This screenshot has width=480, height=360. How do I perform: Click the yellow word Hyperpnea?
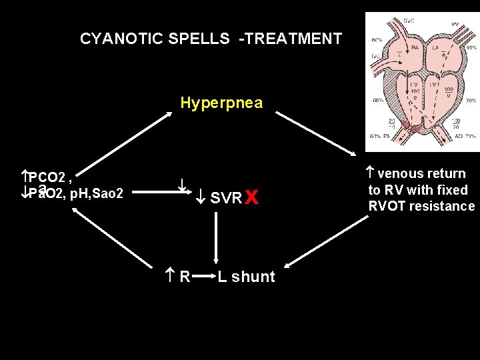pyautogui.click(x=221, y=103)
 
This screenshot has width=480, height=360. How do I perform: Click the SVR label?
pyautogui.click(x=225, y=198)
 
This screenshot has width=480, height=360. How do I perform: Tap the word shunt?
pyautogui.click(x=253, y=277)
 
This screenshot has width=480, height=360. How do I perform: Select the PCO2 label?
pyautogui.click(x=46, y=177)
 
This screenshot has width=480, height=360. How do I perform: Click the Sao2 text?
pyautogui.click(x=109, y=193)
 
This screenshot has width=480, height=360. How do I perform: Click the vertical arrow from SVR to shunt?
pyautogui.click(x=216, y=239)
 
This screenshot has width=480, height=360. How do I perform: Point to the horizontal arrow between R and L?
pyautogui.click(x=203, y=276)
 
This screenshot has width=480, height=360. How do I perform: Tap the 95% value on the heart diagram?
pyautogui.click(x=471, y=48)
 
